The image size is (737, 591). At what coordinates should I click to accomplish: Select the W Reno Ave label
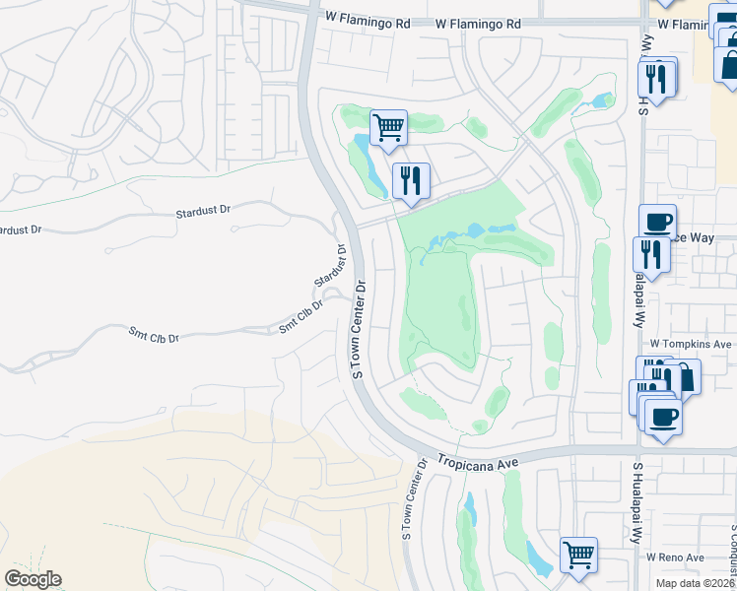pyautogui.click(x=675, y=558)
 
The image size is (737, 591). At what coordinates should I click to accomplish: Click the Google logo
pyautogui.click(x=33, y=579)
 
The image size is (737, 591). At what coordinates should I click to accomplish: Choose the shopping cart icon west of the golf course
pyautogui.click(x=388, y=126)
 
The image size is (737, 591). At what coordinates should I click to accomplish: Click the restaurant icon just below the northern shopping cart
pyautogui.click(x=411, y=180)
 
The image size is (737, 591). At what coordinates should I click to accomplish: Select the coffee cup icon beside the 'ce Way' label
pyautogui.click(x=657, y=221)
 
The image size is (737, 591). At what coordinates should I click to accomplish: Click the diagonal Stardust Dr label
pyautogui.click(x=331, y=267)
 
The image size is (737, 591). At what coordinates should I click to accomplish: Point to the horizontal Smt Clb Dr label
pyautogui.click(x=153, y=336)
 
